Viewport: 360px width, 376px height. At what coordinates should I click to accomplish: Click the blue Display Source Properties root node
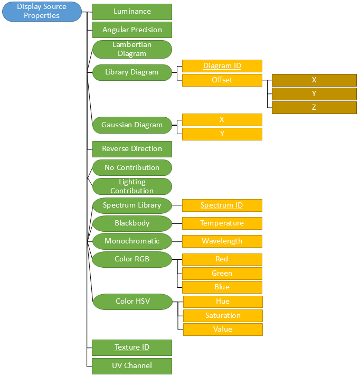pos(42,12)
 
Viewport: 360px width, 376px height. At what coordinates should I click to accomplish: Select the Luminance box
pos(132,12)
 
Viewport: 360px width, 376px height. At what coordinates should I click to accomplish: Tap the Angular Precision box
pos(132,30)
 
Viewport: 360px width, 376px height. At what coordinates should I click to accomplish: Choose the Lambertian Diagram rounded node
pos(132,49)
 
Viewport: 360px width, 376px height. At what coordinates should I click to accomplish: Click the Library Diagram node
pos(132,72)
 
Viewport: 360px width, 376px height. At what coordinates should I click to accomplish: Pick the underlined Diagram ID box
pos(222,66)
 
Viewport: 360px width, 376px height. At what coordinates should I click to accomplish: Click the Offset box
pos(222,80)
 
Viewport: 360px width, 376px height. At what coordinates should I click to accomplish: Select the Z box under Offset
pos(314,108)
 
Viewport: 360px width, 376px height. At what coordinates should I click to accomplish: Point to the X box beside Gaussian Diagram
pos(222,120)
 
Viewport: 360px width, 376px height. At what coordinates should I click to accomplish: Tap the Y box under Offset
pos(314,94)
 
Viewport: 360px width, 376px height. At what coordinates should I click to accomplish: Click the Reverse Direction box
pos(132,149)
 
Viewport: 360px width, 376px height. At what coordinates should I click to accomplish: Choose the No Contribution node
pos(132,167)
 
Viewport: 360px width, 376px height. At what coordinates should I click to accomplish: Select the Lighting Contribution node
pos(132,186)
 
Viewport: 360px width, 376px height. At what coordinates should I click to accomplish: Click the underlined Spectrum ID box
pos(222,205)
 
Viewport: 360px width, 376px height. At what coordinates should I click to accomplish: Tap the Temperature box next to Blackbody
pos(222,223)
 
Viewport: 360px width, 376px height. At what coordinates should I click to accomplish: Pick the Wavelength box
pos(222,241)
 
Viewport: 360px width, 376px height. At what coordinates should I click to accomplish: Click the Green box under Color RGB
pos(222,274)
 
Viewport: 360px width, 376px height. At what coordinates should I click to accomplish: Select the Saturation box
pos(223,316)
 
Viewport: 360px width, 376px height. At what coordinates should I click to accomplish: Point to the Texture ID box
pos(132,347)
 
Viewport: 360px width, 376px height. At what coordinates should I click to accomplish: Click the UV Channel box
pos(132,366)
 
